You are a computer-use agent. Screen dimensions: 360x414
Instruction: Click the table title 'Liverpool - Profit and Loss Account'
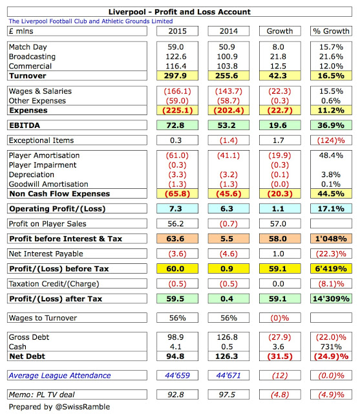point(179,12)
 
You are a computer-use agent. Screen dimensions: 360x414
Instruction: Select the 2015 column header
point(177,31)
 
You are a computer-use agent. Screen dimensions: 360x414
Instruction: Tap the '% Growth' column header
point(331,31)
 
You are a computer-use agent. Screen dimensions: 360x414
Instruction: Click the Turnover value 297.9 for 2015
point(175,76)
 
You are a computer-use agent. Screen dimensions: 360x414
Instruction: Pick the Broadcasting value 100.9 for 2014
point(228,56)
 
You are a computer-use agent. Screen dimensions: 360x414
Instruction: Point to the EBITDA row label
point(25,125)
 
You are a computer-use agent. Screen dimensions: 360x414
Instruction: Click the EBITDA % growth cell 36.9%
point(331,125)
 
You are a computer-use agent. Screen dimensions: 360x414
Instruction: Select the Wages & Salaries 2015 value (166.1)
point(177,91)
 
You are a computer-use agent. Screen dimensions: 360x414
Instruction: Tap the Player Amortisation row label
point(44,155)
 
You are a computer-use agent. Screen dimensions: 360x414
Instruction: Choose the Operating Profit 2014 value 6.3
point(227,209)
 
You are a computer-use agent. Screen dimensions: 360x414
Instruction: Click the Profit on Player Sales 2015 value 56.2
point(176,224)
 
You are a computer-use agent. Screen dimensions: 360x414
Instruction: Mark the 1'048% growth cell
point(331,239)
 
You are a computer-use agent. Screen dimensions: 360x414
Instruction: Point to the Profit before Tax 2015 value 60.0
point(175,269)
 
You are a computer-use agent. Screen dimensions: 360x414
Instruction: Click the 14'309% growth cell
point(331,299)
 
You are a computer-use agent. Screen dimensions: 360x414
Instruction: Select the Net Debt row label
point(27,356)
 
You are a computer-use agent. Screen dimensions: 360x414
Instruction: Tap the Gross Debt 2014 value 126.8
point(227,337)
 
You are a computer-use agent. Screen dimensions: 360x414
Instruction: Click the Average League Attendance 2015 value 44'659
point(177,375)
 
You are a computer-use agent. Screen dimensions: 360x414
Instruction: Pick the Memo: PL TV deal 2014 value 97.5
point(227,395)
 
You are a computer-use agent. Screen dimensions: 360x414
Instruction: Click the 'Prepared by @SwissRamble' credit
point(59,407)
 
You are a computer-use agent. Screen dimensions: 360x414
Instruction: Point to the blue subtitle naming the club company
point(90,21)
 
